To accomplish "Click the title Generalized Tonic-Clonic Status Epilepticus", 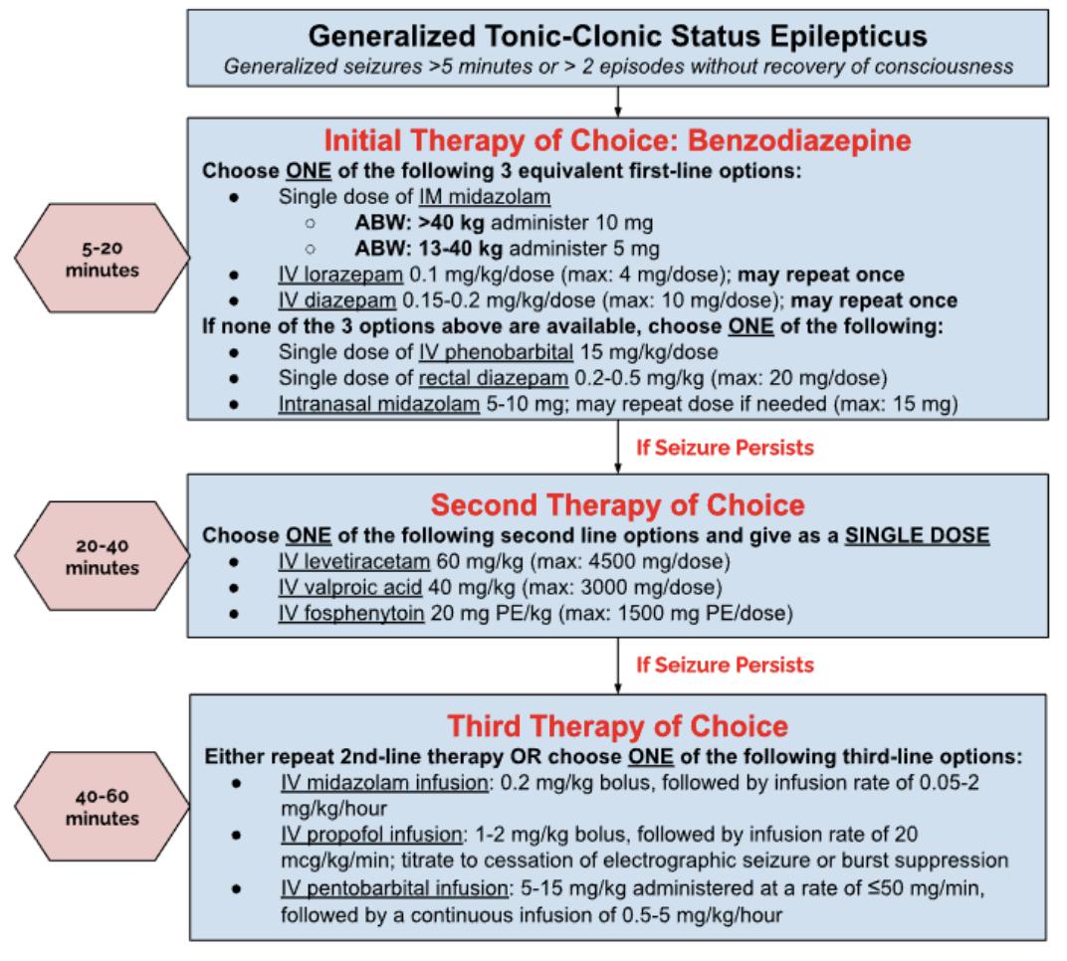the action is [617, 37].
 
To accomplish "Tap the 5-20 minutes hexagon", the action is [102, 259].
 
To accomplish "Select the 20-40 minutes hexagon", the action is [102, 557].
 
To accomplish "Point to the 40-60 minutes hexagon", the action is [102, 808].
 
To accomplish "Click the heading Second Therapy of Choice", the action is [617, 506].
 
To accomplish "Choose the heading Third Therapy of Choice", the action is [617, 725].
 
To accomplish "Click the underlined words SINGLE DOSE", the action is [917, 536].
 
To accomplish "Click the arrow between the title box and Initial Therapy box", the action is [618, 101].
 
